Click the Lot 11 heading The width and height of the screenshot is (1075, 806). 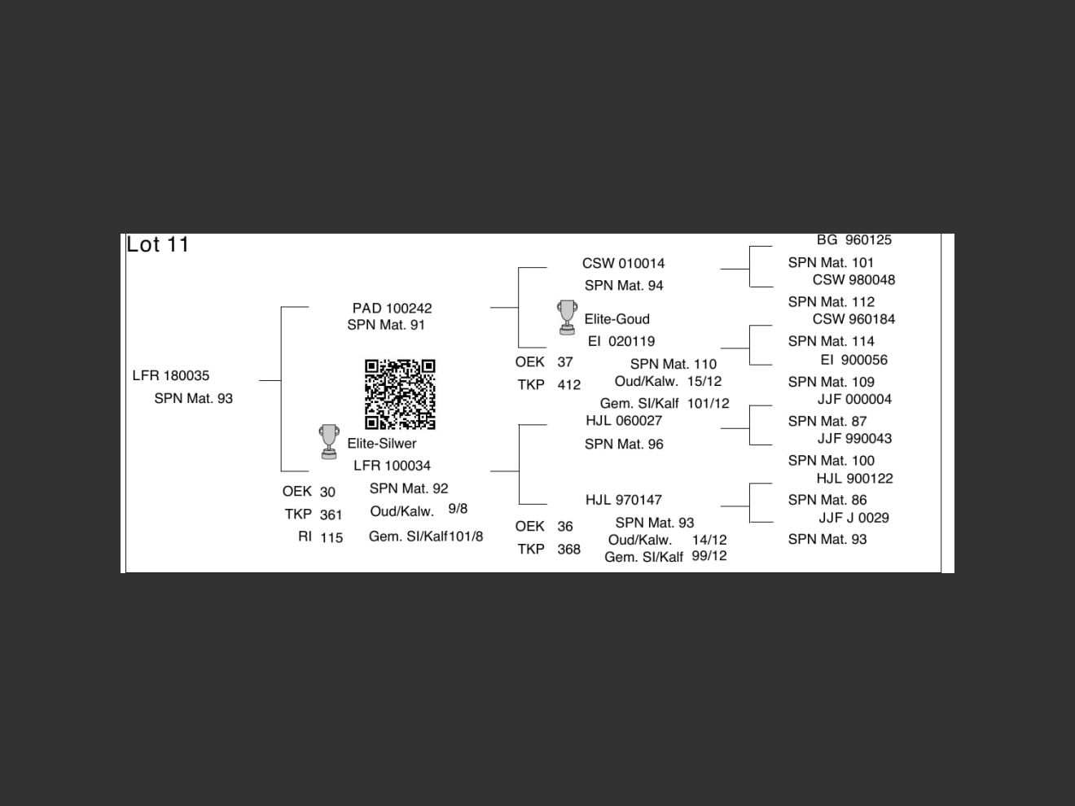pos(157,245)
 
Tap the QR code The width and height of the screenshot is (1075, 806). pos(400,394)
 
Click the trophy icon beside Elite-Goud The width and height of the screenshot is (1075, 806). pos(567,318)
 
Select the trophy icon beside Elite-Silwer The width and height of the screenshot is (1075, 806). pos(329,442)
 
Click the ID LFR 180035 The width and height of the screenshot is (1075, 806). pos(171,375)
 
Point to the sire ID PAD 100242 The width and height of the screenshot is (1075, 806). pos(392,309)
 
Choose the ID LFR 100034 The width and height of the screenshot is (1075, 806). pos(392,466)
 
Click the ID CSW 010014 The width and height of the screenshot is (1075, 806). pos(624,263)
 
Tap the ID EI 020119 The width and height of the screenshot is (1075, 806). pos(621,341)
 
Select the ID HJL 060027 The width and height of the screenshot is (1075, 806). pos(624,420)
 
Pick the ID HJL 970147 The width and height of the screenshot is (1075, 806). pos(624,500)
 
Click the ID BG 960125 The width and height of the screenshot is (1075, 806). pos(854,240)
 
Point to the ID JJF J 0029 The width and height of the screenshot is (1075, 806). pos(853,518)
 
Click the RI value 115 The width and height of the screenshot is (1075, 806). pos(331,538)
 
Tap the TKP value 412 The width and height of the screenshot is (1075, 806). pos(569,385)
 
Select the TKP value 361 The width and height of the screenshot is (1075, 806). pos(331,515)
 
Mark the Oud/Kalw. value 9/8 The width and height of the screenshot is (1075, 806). pos(458,509)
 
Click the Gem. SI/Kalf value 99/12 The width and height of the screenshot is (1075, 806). pos(709,556)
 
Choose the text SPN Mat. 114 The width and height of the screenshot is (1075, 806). pos(831,341)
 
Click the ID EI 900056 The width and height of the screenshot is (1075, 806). pos(853,360)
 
